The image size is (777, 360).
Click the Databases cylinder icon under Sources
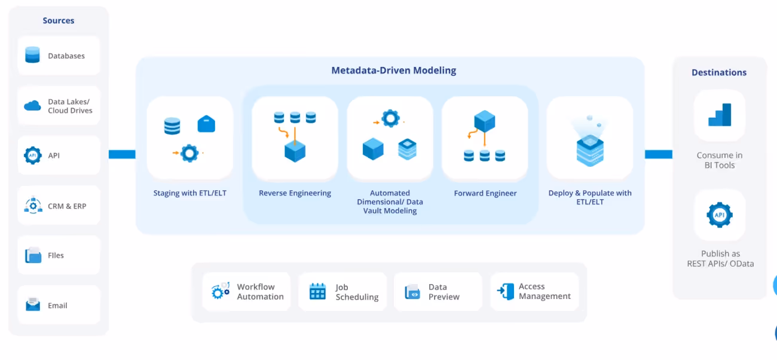32,55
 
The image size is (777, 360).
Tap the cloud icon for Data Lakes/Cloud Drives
32,106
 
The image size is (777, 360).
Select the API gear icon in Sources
32,155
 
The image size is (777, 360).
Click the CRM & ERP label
67,206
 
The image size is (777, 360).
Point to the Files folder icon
33,255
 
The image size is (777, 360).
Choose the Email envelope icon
32,305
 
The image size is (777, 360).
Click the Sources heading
59,20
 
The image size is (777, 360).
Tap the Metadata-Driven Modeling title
393,71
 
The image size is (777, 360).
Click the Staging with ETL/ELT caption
189,193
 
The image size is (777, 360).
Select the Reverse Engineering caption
295,193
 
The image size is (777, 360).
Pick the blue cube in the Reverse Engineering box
295,151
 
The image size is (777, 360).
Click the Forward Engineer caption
485,193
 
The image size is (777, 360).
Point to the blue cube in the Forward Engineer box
484,121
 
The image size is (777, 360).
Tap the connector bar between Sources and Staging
122,154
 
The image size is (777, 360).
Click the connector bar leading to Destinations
658,154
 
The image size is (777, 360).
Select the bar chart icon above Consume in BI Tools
720,115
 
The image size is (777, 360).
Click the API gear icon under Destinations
720,215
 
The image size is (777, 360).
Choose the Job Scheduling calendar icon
317,292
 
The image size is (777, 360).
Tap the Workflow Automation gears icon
221,291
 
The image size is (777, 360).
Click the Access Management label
544,291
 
